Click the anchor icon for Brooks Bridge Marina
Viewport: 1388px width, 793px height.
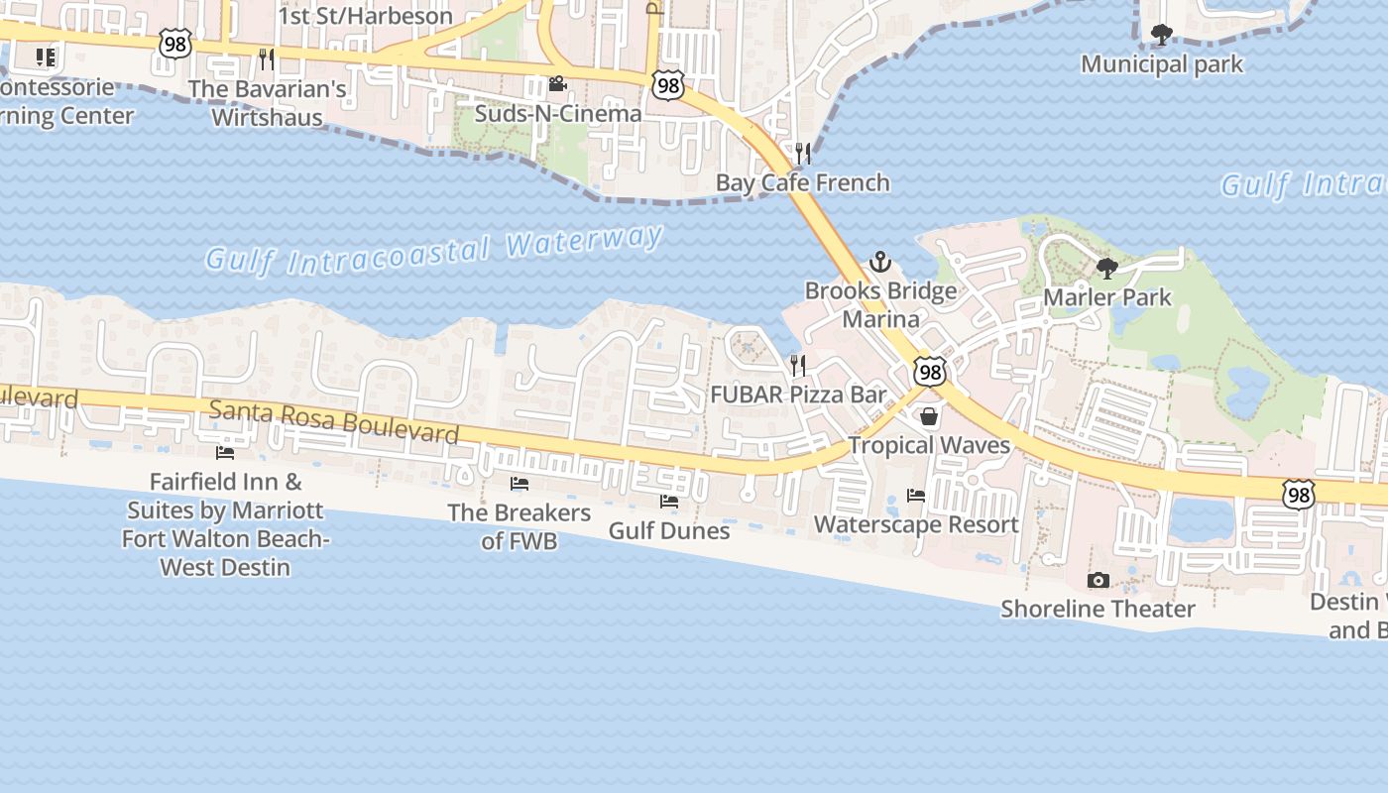(879, 262)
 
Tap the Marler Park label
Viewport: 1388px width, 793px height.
(1106, 297)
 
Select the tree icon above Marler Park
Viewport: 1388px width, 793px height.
(1106, 268)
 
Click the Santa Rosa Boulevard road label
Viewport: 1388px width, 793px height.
(334, 421)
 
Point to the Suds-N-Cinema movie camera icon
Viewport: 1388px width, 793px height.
(557, 84)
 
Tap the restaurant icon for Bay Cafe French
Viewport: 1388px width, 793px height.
(803, 154)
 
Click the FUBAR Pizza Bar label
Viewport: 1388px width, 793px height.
(798, 395)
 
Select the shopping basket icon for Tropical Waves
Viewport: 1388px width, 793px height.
(929, 416)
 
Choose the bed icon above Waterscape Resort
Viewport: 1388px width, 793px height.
(916, 495)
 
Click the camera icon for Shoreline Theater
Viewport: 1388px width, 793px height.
(1098, 580)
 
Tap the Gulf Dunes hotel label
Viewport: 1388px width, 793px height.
(669, 531)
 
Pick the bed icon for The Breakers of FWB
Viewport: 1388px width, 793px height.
(519, 484)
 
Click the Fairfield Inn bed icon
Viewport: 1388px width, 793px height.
(225, 453)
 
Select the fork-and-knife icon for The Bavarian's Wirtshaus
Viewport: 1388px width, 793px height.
(266, 59)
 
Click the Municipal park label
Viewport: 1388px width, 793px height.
(1161, 65)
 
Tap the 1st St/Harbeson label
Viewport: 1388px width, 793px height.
(365, 16)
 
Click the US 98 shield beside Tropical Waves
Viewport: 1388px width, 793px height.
(929, 372)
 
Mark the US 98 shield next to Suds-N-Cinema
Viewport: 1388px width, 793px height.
(668, 85)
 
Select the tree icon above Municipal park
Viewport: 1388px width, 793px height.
(1161, 36)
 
